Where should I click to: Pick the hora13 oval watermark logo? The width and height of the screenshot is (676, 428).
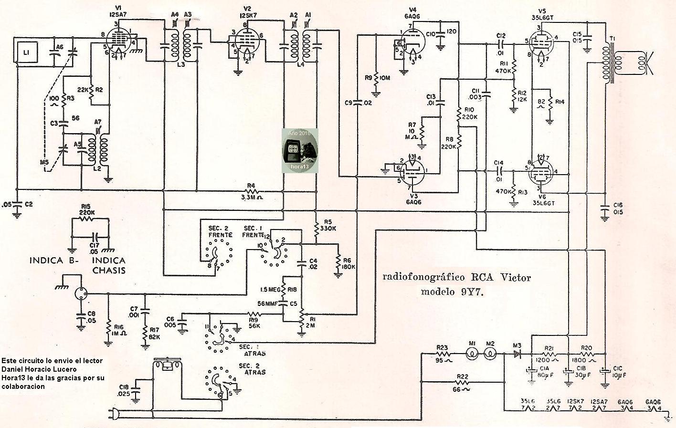point(299,150)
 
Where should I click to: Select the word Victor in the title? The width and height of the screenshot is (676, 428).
point(513,277)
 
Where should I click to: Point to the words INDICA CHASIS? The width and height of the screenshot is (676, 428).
point(109,265)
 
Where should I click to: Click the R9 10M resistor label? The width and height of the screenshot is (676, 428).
point(383,78)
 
